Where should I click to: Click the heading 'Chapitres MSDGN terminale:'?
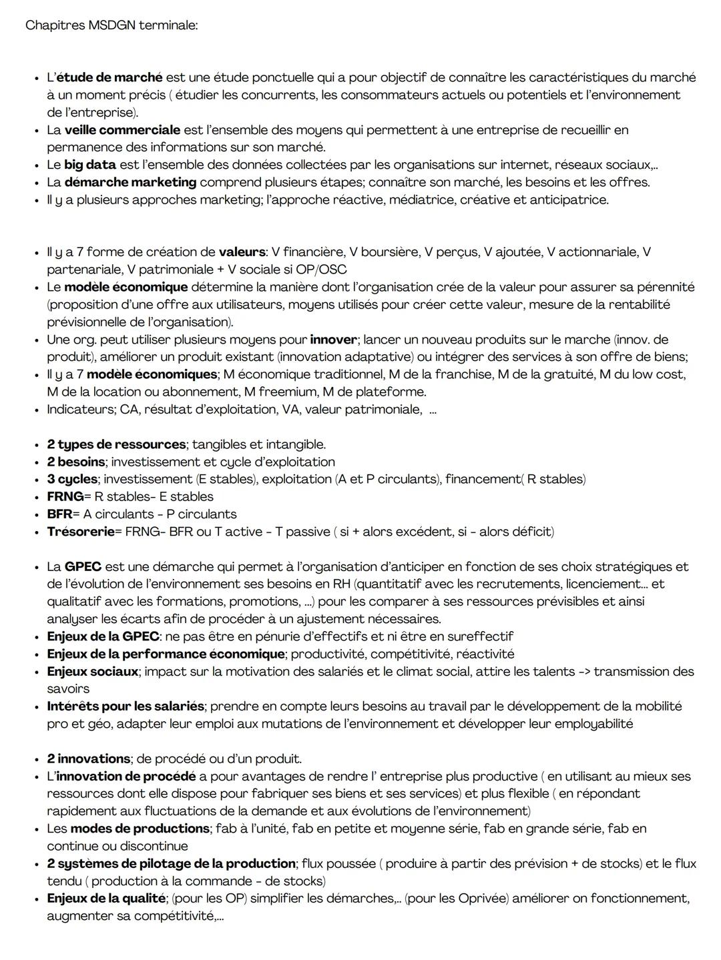[x=111, y=25]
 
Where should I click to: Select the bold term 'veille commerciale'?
[x=122, y=129]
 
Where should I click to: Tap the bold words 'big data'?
[x=90, y=164]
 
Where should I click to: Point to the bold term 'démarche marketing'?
[x=130, y=181]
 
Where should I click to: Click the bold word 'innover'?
[x=333, y=340]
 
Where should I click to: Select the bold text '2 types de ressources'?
[x=116, y=444]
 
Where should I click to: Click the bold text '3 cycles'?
[x=72, y=479]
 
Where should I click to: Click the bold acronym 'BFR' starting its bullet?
[x=59, y=514]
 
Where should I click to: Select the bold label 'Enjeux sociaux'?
[x=92, y=671]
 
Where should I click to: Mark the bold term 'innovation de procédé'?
[x=126, y=777]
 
